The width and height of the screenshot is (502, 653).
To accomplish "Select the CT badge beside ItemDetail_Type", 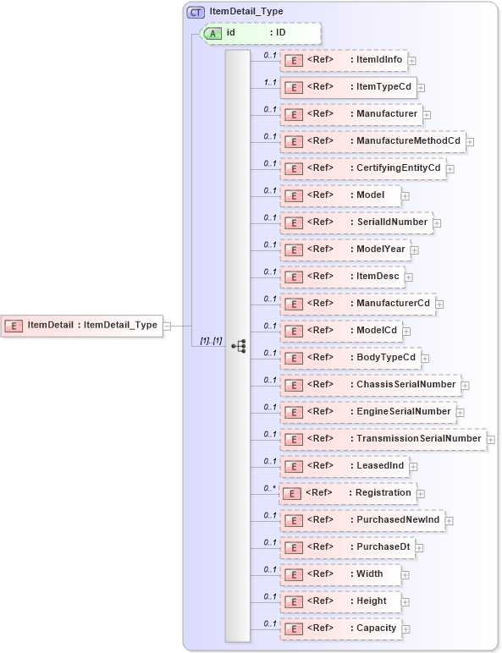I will click(196, 12).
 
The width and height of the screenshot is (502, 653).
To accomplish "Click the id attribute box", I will click(261, 33).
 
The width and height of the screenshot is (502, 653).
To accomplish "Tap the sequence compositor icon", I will click(238, 346).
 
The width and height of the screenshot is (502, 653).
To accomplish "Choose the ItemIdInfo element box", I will click(343, 60).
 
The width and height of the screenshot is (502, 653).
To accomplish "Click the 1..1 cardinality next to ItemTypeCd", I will click(270, 82).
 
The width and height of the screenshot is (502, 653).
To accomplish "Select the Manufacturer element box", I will click(350, 114).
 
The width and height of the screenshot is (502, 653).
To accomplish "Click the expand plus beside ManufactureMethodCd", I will click(470, 142).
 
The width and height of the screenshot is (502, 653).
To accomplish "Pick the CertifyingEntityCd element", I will click(362, 168).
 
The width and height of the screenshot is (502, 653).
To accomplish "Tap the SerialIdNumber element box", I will click(356, 222).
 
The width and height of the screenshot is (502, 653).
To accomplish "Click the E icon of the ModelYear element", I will click(293, 250).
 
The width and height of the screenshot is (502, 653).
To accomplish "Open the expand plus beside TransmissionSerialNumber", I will click(491, 440).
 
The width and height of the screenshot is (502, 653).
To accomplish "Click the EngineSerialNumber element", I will click(367, 412).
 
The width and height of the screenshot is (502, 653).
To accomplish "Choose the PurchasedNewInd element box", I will click(362, 520).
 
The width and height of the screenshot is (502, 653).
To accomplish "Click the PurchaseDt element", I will click(347, 547).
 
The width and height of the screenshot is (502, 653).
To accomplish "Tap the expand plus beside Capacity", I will click(406, 629).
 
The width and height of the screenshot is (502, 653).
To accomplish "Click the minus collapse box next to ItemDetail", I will click(167, 325).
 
